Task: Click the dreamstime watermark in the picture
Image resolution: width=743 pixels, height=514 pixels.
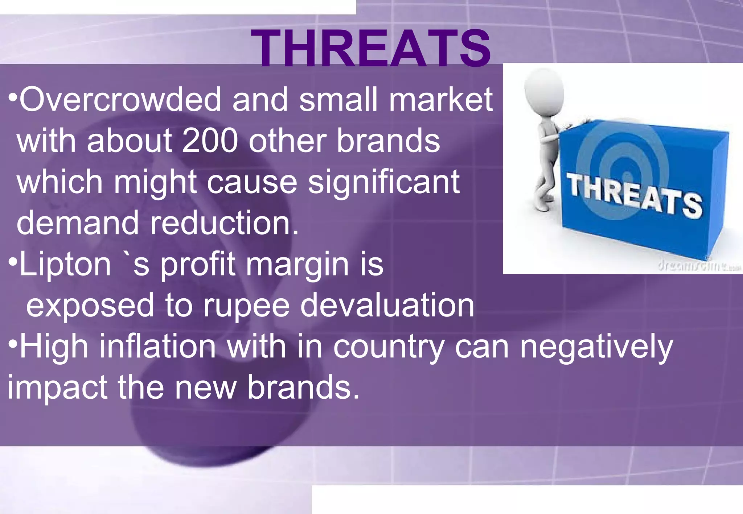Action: tap(698, 266)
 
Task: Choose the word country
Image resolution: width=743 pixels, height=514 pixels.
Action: tap(389, 347)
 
